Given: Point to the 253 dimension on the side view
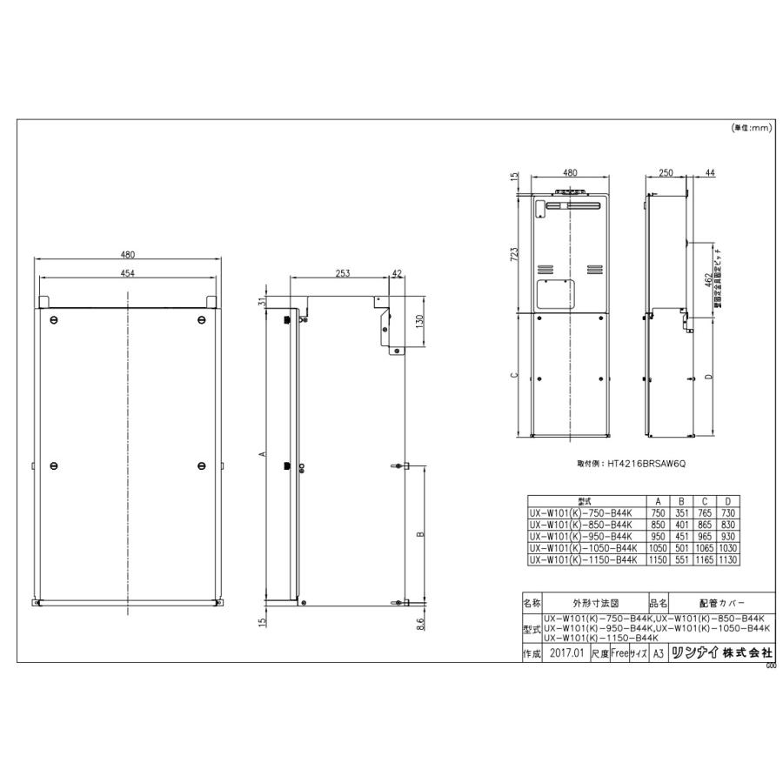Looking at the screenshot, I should (x=341, y=273).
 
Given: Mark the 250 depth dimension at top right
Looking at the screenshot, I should (x=667, y=174).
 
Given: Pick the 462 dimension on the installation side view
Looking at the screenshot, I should (x=702, y=284).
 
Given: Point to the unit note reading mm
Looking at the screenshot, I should (x=752, y=128).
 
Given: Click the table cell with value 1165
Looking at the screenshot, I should (x=704, y=559).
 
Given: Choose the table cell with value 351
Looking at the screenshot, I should (x=681, y=513).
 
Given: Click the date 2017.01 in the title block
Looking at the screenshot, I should (x=566, y=653).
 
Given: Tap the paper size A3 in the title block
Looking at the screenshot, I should (x=658, y=653).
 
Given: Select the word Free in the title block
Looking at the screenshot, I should (x=619, y=653).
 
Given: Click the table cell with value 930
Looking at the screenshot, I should (x=726, y=536).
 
